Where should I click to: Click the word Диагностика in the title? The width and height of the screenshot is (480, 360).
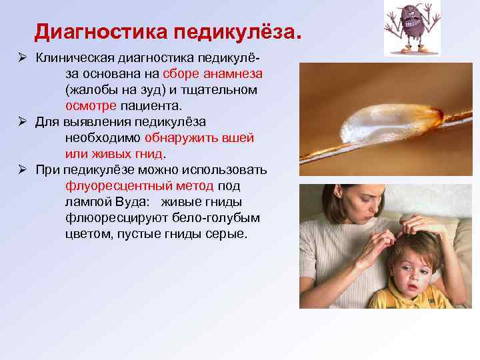pyautogui.click(x=101, y=31)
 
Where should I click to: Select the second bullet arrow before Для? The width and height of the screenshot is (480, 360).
pyautogui.click(x=22, y=121)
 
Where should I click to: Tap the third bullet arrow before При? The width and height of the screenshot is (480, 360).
pyautogui.click(x=22, y=170)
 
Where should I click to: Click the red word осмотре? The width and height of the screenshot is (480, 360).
pyautogui.click(x=91, y=105)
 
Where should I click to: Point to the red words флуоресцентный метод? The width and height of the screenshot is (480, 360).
pyautogui.click(x=140, y=186)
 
